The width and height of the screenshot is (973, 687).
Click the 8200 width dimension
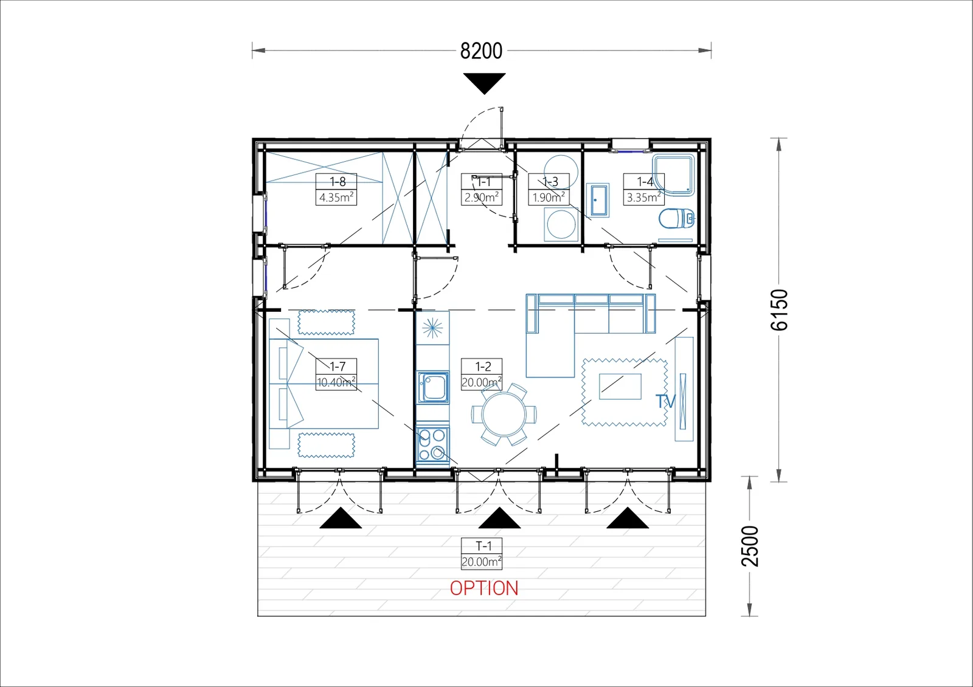[x=481, y=51]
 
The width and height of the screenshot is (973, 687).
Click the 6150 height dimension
[x=779, y=309]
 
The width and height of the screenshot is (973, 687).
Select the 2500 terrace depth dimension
[x=750, y=546]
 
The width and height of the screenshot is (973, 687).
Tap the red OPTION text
[x=484, y=589]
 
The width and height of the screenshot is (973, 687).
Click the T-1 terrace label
[x=483, y=545]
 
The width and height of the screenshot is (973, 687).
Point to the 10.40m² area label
[x=336, y=382]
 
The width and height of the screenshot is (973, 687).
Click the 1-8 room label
[x=338, y=182]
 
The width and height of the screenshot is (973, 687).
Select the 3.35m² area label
[x=643, y=198]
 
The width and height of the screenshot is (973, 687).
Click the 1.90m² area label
[x=549, y=198]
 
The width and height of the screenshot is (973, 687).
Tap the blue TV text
[x=665, y=401]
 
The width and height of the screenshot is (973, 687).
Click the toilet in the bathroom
[x=676, y=218]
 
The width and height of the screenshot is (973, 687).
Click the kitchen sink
[x=433, y=387]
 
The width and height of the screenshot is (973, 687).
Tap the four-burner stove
[x=432, y=444]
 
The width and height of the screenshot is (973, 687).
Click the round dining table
[x=504, y=414]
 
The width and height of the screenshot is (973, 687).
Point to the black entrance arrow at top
[x=484, y=83]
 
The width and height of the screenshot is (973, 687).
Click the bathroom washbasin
[x=598, y=200]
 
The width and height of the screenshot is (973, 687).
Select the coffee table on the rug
[x=620, y=386]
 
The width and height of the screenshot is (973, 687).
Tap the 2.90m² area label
[x=481, y=198]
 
